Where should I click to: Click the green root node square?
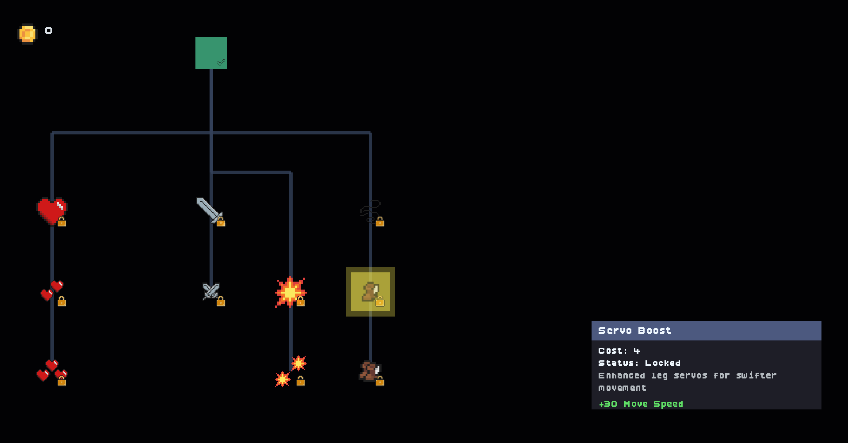tap(211, 53)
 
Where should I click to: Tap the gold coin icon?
tap(27, 34)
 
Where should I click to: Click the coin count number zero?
tap(49, 31)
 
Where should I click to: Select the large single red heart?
tap(52, 211)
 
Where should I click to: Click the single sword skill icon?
tap(209, 210)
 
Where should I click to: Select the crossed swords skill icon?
tap(211, 291)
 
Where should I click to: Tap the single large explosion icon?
tap(290, 292)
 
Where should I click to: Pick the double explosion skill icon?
tap(290, 371)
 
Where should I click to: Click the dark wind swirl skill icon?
tap(370, 211)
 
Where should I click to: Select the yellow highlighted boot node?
tap(371, 292)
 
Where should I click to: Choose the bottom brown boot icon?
tap(370, 371)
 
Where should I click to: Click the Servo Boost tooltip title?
tap(634, 331)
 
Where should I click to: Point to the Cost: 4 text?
tap(619, 351)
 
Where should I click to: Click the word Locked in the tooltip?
tap(663, 363)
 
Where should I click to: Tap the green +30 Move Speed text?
tap(641, 404)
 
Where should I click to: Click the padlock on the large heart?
tap(62, 221)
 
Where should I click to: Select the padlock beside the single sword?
tap(221, 221)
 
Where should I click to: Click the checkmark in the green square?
tap(221, 62)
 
